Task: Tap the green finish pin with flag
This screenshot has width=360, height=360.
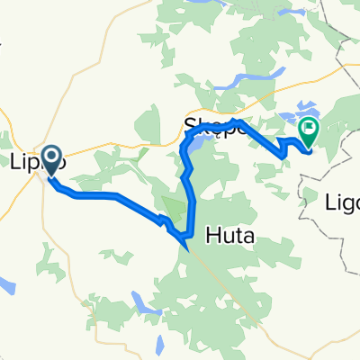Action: [309, 133]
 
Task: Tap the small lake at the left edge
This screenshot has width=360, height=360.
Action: [6, 287]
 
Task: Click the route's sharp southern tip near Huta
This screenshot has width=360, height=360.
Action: [185, 242]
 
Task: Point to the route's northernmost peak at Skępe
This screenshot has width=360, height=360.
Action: [236, 120]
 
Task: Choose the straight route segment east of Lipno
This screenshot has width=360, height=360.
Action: [90, 194]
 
